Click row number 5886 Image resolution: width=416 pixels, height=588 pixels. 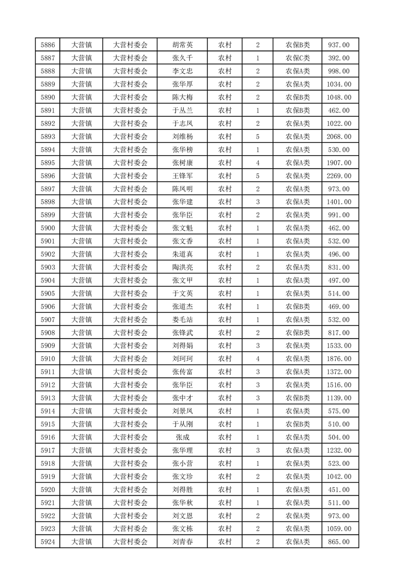(47, 45)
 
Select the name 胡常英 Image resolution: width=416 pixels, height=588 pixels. (183, 45)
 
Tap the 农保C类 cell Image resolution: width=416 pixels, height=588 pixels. (297, 58)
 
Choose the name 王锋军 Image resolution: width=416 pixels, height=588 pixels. (183, 176)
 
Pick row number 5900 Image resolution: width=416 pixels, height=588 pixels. (47, 228)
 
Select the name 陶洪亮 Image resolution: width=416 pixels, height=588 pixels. (183, 267)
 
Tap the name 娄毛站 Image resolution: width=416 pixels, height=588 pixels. (183, 320)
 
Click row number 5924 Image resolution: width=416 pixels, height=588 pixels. (47, 542)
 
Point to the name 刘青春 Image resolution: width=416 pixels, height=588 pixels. (183, 542)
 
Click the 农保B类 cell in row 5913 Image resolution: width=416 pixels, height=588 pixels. (297, 398)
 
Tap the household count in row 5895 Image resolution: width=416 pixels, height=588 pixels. (258, 163)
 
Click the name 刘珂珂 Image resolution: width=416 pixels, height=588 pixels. (183, 359)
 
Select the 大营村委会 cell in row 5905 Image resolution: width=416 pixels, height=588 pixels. (131, 293)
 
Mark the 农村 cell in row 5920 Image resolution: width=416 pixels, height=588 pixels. (225, 489)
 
